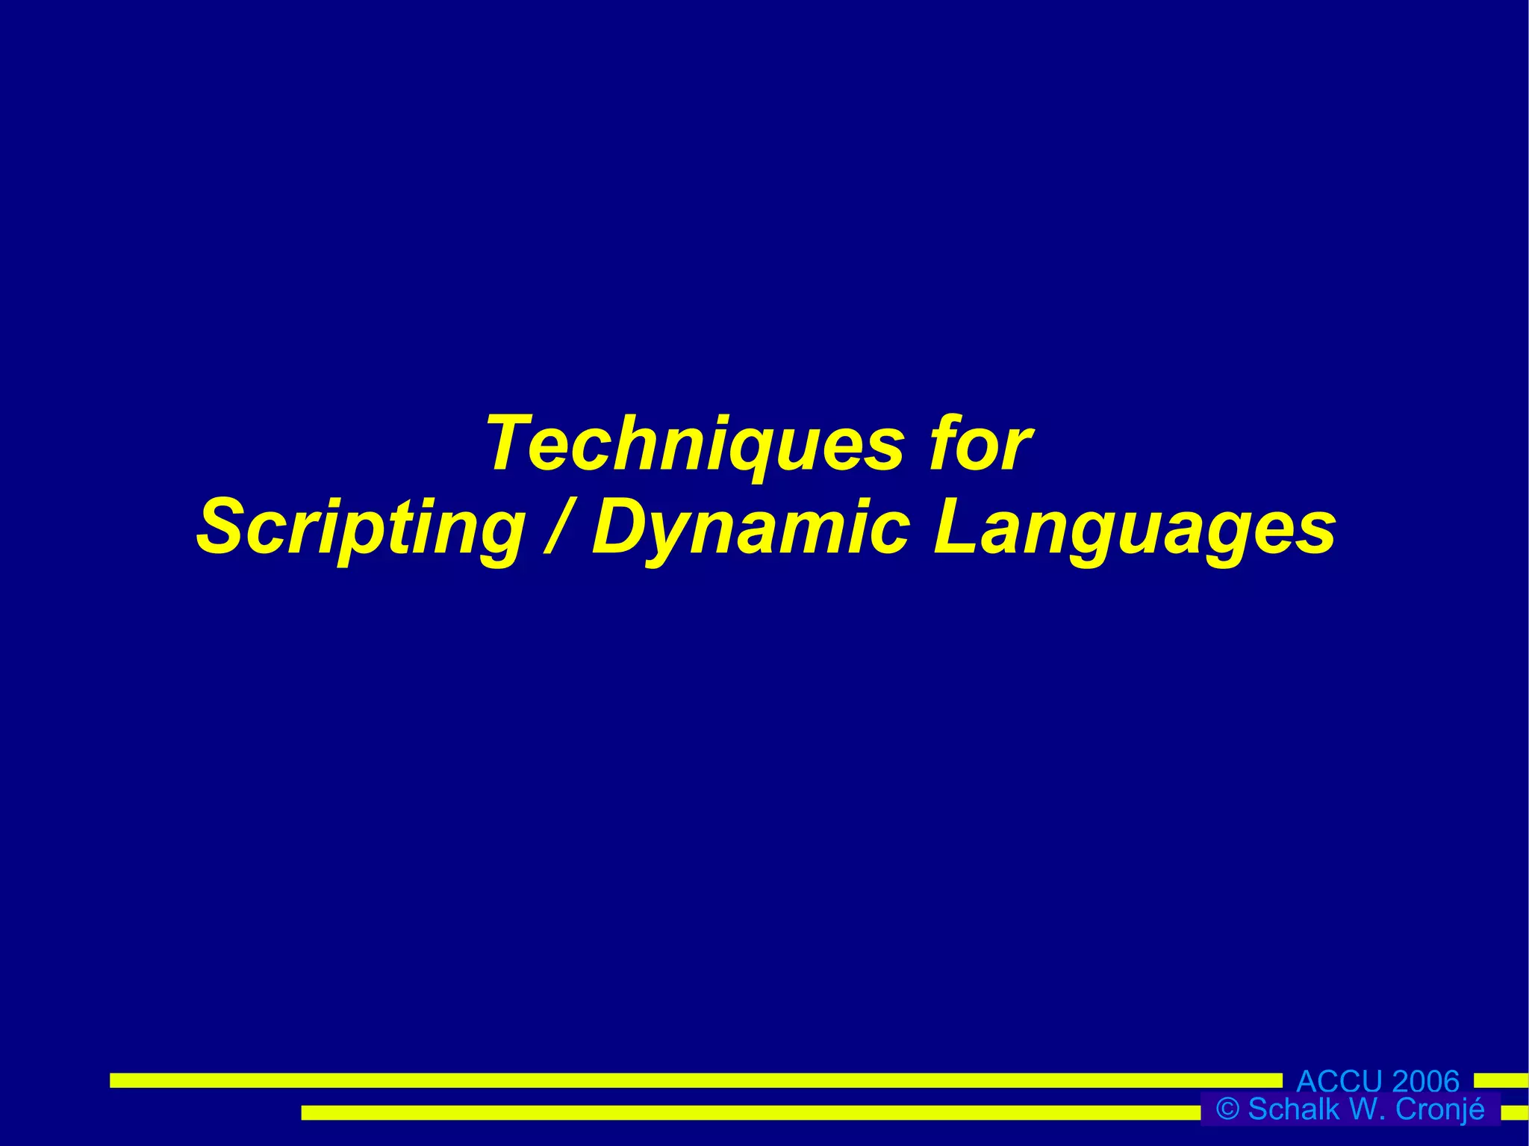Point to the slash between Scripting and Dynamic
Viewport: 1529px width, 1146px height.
coord(555,528)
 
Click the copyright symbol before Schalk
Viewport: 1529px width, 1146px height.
coord(1227,1109)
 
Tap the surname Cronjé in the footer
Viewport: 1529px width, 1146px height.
coord(1439,1109)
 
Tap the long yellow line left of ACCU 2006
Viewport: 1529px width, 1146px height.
coord(694,1080)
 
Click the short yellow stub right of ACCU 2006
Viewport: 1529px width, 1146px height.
coord(1501,1080)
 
